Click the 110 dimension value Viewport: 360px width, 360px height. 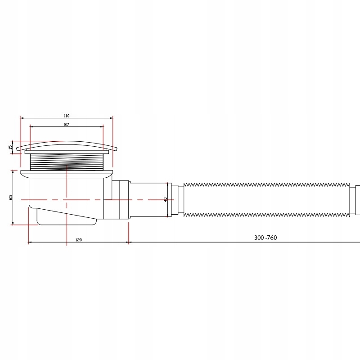tap(67, 116)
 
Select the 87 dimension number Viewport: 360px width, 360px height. tap(67, 124)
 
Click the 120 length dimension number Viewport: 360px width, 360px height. tap(78, 240)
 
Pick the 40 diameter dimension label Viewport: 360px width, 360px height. tap(166, 199)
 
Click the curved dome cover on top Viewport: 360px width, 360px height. tap(67, 144)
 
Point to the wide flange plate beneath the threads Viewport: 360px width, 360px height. tap(67, 172)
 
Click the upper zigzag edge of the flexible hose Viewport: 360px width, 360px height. tap(265, 184)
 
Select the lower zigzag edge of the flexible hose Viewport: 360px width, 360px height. tap(265, 214)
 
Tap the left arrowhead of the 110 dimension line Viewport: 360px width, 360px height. tap(22, 118)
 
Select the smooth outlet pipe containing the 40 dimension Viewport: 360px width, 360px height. tap(148, 199)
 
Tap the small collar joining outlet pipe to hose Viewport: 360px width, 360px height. tap(177, 199)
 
